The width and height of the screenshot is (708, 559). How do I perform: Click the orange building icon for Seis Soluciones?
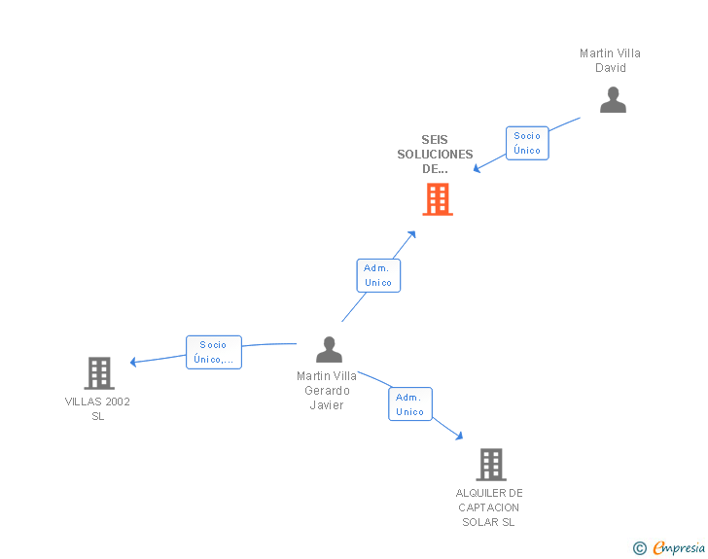pos(438,199)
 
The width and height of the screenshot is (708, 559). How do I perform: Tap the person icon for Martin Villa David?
pos(613,100)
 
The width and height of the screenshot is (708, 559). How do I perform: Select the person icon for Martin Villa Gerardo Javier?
pos(329,349)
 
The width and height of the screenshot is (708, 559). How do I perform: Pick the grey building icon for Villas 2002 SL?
pos(98,372)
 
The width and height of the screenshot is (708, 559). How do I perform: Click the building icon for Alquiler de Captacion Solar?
pos(491,465)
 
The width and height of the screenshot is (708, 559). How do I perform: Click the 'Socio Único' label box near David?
pos(527,143)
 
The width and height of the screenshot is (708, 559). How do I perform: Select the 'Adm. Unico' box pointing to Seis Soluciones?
pos(378,275)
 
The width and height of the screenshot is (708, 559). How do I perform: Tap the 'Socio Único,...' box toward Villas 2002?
pos(213,352)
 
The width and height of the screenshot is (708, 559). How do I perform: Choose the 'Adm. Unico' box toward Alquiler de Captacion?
pos(410,404)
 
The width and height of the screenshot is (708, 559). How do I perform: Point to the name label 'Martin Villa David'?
pos(610,60)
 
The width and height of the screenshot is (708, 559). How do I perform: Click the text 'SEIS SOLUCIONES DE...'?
pos(435,155)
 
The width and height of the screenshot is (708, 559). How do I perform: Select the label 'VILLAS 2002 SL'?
pos(97,408)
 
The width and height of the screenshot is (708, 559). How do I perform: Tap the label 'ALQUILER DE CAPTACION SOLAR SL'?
pos(489,507)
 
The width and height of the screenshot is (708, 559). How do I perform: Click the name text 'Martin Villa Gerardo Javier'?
pos(327,391)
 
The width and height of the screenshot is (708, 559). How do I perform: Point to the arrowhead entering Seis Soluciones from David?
pos(478,169)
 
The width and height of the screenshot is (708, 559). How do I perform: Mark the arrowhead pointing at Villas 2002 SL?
pos(134,363)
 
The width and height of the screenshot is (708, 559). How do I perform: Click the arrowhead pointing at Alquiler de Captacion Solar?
pos(458,437)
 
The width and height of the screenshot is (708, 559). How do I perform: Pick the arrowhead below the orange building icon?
pos(412,234)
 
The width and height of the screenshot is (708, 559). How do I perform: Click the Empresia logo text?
pos(679,548)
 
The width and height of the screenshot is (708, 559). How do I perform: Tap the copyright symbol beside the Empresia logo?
pos(639,548)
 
